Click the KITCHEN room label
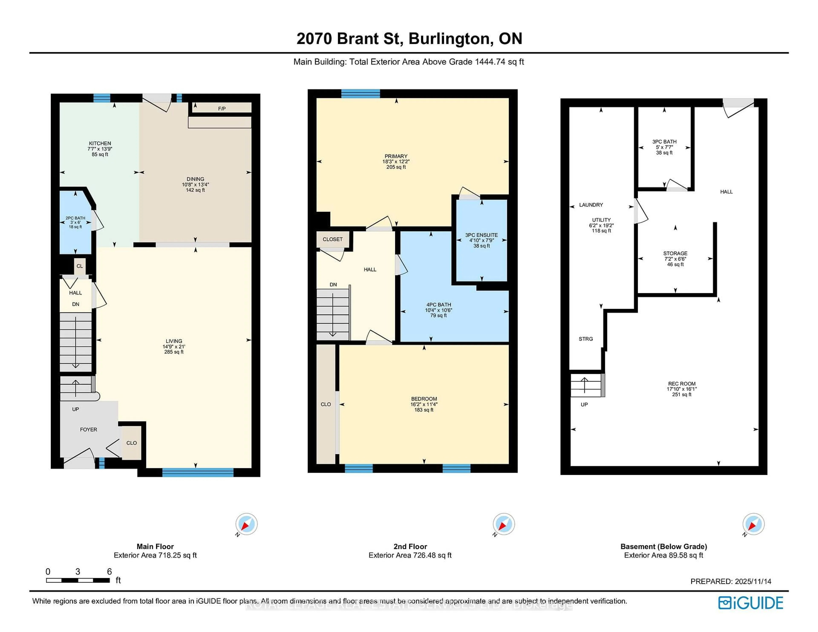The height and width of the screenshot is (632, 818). tap(100, 143)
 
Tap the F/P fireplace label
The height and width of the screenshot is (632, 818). tap(222, 109)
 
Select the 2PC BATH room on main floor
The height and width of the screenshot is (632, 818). tap(75, 222)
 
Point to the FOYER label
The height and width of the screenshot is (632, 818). tap(88, 429)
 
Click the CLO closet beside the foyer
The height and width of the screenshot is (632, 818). tap(131, 443)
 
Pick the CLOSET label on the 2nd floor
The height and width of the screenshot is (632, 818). tap(333, 239)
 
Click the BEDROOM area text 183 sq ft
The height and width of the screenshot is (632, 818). tap(424, 410)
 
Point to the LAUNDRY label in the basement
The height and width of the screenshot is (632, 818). tap(591, 205)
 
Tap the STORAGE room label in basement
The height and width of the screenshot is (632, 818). tap(675, 253)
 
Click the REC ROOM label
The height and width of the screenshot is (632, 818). tap(682, 384)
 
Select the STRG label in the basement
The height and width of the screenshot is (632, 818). tap(586, 339)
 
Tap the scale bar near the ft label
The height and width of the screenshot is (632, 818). tap(78, 580)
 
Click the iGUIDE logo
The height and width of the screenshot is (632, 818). tap(751, 603)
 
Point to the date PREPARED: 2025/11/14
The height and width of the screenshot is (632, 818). tap(731, 582)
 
